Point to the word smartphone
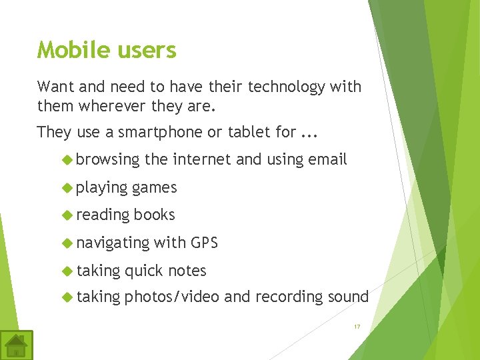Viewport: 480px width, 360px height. click(x=161, y=132)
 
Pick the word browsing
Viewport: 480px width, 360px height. click(x=108, y=159)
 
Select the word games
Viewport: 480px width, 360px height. click(x=155, y=188)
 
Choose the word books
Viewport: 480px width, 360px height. click(x=154, y=215)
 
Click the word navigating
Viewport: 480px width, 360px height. click(x=113, y=243)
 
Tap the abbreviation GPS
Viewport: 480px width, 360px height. click(x=204, y=243)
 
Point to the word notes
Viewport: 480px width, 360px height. click(x=187, y=271)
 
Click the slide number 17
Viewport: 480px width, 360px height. click(x=357, y=327)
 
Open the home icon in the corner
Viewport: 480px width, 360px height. click(x=16, y=345)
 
